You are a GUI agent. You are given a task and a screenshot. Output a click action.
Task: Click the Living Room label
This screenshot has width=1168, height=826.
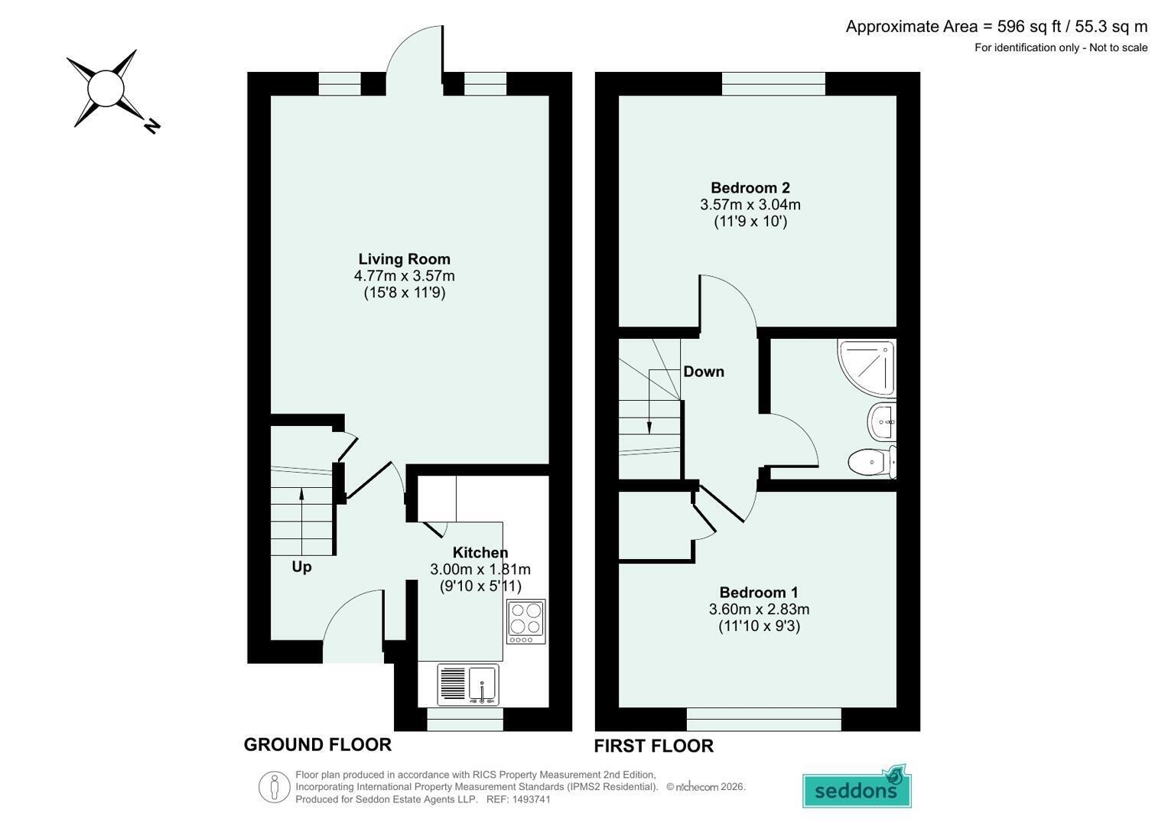coord(404,259)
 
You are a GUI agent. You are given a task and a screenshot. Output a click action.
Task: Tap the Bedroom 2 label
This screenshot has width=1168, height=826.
coord(750,187)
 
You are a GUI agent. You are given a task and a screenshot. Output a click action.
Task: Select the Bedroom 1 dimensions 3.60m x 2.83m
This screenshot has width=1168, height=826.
coord(760,609)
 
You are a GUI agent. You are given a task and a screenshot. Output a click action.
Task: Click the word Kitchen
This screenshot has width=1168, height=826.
coord(480,552)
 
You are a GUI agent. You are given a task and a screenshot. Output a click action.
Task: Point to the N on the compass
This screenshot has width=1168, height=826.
coord(151,126)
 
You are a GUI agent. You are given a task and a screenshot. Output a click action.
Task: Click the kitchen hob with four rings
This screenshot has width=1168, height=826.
coord(526,622)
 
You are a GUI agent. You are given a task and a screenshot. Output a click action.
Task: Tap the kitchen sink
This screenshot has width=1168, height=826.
coord(468,684)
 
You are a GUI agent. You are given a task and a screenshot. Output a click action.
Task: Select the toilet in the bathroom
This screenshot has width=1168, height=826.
coord(872,462)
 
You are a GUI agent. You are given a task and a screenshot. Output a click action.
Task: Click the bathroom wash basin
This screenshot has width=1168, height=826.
coord(882,422)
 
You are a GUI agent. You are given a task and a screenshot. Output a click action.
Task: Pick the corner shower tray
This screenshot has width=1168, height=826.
coord(867,367)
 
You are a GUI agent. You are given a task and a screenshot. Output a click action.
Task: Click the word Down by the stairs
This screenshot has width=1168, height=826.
coord(704,372)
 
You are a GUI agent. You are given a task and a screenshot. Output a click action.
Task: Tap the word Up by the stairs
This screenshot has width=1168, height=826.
coord(301,567)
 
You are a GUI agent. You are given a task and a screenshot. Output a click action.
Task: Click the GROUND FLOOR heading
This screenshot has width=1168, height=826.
coord(317,745)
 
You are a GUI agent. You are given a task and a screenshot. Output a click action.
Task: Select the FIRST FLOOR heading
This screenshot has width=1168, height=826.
coord(654,746)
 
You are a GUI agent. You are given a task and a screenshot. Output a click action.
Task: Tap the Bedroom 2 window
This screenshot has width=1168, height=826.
coord(774,83)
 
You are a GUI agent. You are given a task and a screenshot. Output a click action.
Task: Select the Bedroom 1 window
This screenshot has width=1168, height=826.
coord(764,719)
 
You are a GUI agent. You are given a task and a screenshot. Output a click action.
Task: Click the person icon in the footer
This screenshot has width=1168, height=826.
coord(275,787)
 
